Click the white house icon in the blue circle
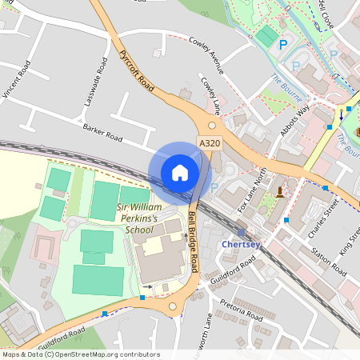click(x=180, y=173)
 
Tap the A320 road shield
click(x=210, y=143)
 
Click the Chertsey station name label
click(x=241, y=244)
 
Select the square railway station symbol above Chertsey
click(x=242, y=231)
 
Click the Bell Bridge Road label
click(x=191, y=235)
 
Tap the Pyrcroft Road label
click(x=135, y=70)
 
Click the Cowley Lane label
click(x=210, y=94)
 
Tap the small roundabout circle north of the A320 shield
click(x=212, y=125)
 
